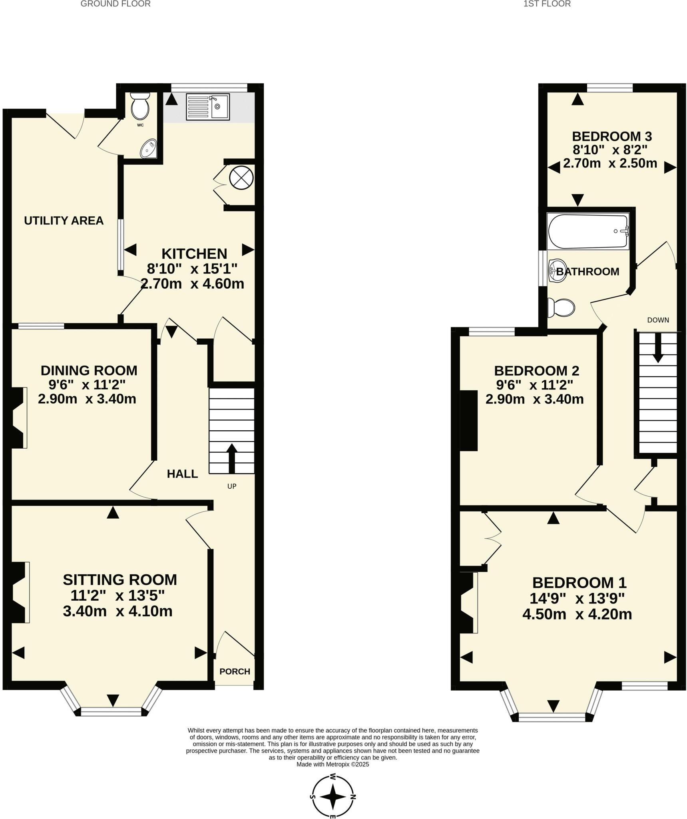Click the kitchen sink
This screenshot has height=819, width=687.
click(x=208, y=107)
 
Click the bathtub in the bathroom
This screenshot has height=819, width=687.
click(x=588, y=232)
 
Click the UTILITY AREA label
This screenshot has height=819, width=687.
click(x=64, y=221)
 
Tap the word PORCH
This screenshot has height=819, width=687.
click(x=235, y=671)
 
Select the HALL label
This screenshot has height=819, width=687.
click(x=182, y=474)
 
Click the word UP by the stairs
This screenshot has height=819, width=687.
click(x=232, y=486)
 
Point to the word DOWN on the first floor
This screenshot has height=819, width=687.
click(x=658, y=320)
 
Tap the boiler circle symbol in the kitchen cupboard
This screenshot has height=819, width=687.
click(x=241, y=178)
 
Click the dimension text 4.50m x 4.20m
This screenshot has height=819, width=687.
click(x=577, y=614)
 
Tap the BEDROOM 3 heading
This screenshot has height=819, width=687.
click(x=612, y=136)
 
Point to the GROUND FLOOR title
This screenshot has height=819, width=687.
click(x=115, y=4)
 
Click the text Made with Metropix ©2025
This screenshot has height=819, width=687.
click(x=333, y=764)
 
